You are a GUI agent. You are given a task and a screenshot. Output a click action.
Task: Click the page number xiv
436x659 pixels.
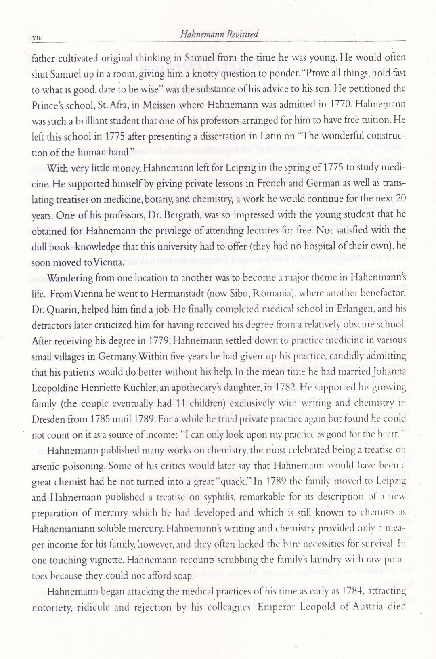click(x=37, y=38)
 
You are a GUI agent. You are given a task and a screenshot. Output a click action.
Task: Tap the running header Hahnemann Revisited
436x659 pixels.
click(x=220, y=34)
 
